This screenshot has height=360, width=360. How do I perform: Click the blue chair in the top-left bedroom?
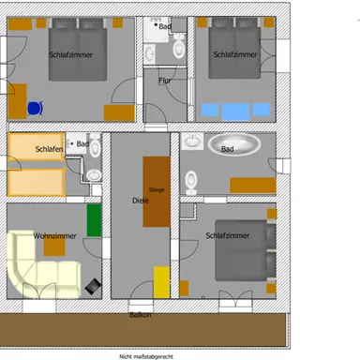point(36,108)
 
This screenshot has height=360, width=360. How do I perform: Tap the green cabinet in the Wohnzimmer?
point(94,219)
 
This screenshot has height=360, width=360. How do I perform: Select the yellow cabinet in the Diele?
point(162,281)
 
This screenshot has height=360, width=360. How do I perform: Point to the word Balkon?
point(141,315)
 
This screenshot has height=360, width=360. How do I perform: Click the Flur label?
point(165,82)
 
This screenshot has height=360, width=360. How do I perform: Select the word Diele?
point(141,200)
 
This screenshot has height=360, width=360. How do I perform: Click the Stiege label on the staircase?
point(157,190)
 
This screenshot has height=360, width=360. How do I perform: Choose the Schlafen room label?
point(48,149)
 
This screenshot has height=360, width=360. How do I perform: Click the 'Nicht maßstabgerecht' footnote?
point(145,356)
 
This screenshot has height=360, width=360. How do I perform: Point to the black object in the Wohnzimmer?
point(93,284)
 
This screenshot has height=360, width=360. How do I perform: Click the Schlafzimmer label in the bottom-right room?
point(228,235)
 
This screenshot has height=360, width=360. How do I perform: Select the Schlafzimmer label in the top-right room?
point(234,55)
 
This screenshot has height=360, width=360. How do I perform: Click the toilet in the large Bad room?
point(191,179)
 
